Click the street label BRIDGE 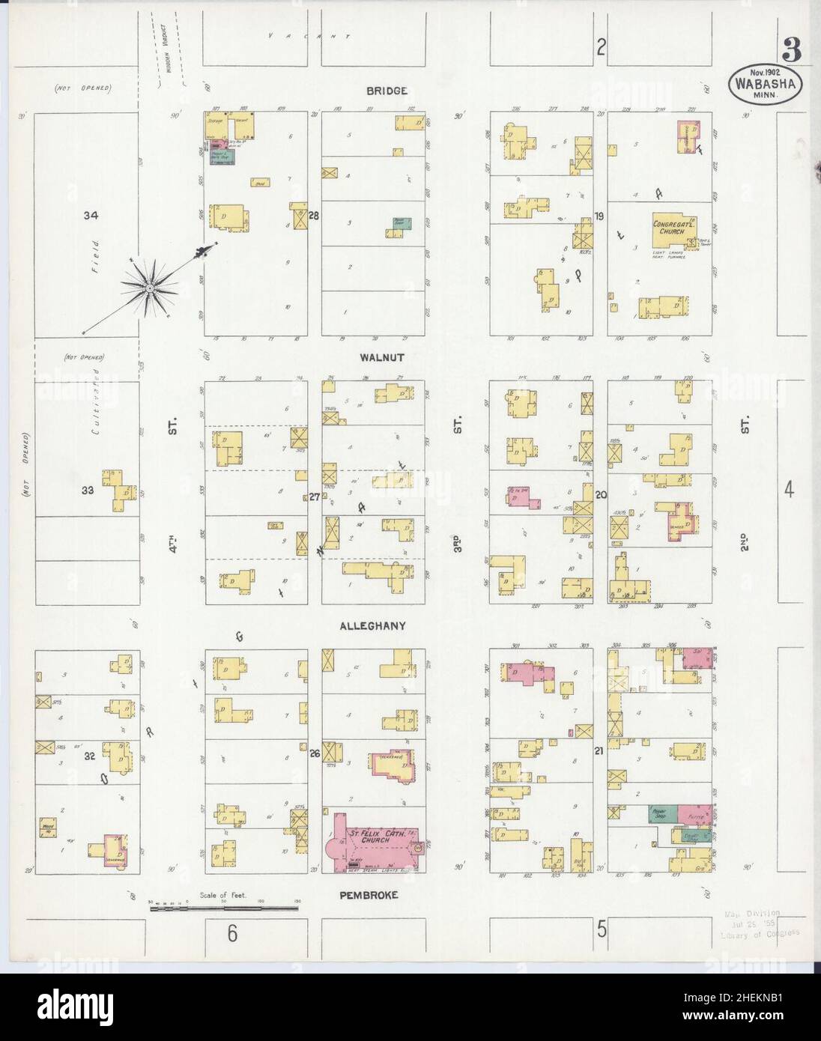(387, 91)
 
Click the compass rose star (150, 288)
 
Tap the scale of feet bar (224, 908)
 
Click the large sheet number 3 (790, 52)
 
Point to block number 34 (91, 216)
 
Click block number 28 (314, 216)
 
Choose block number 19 (599, 216)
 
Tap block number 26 (314, 753)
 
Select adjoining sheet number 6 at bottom (233, 932)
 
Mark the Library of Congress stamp (758, 923)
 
